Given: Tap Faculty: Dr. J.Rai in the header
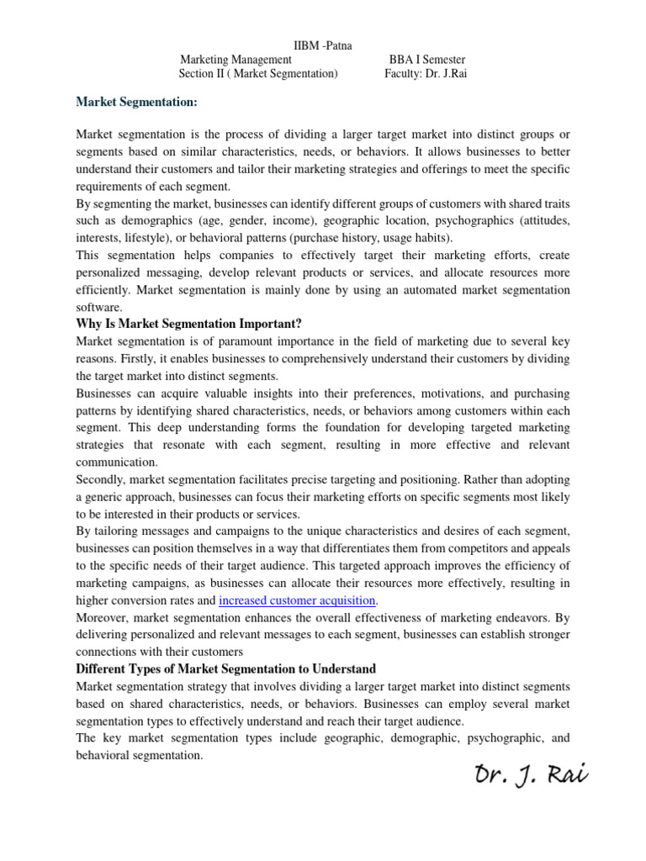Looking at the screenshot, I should pyautogui.click(x=425, y=74).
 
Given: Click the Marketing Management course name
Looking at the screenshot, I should pyautogui.click(x=236, y=60).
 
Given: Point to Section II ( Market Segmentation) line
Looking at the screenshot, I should pyautogui.click(x=258, y=74).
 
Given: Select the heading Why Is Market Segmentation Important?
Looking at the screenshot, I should pyautogui.click(x=188, y=324).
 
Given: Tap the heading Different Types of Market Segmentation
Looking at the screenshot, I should pyautogui.click(x=226, y=668).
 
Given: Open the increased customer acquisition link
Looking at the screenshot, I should pyautogui.click(x=297, y=600).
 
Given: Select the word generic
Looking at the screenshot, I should pyautogui.click(x=115, y=497).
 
